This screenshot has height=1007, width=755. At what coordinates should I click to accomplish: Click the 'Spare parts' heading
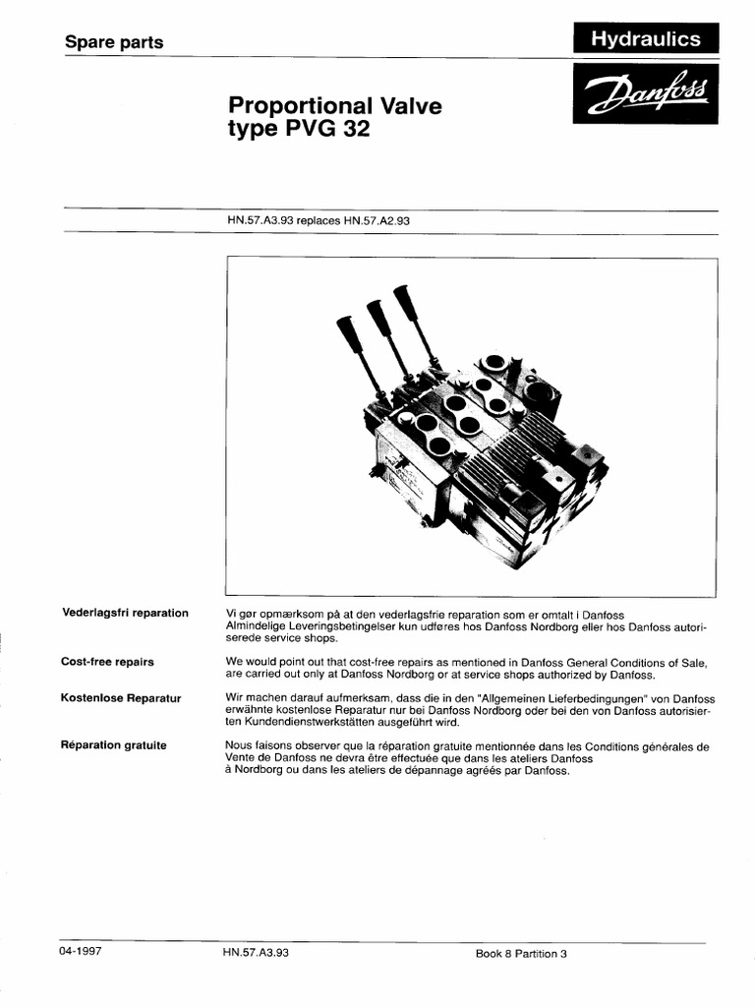[113, 42]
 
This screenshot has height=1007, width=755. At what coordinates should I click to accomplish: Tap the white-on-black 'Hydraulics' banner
[645, 39]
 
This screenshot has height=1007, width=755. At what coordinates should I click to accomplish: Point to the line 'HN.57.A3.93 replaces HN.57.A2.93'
[317, 221]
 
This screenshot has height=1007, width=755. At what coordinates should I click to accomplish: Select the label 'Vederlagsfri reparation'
[124, 613]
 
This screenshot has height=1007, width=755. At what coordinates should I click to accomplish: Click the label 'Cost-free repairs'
[107, 662]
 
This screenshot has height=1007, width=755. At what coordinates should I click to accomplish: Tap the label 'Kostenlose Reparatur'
[122, 697]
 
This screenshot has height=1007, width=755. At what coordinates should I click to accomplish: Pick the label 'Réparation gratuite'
[114, 744]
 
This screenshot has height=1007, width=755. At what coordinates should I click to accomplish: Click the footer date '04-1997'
[82, 953]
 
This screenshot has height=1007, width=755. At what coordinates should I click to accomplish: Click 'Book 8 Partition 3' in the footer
[521, 954]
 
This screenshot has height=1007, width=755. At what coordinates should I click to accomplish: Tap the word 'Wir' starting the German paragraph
[235, 697]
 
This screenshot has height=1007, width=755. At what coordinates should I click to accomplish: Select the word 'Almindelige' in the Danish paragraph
[256, 626]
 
